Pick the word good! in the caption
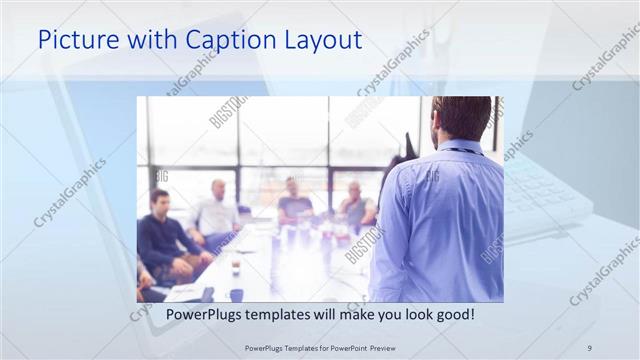453,314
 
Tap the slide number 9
589,348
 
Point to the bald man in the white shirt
217,211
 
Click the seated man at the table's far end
294,204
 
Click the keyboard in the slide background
545,190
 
